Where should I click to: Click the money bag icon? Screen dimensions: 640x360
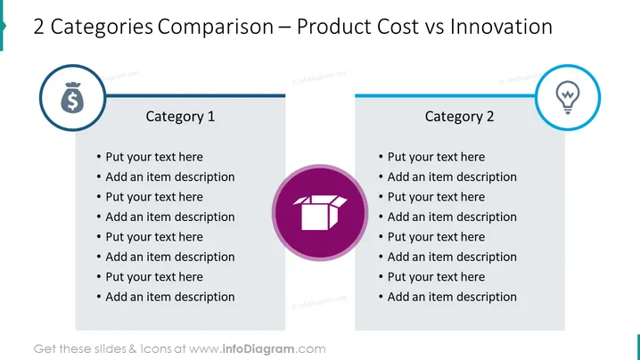tap(72, 97)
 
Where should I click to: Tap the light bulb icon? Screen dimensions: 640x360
tap(567, 97)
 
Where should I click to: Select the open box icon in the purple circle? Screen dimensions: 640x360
tap(320, 212)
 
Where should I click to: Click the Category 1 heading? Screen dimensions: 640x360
tap(180, 117)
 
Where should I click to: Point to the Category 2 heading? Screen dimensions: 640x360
tap(459, 117)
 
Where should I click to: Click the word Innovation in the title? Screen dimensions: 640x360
tap(501, 27)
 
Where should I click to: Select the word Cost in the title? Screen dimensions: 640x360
tap(398, 27)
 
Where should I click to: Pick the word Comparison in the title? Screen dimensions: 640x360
tap(216, 28)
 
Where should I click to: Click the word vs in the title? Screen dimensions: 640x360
tap(434, 28)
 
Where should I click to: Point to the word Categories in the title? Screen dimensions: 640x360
tap(102, 28)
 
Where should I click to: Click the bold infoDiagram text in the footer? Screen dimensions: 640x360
tap(258, 349)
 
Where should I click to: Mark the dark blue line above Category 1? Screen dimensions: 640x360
tap(195, 96)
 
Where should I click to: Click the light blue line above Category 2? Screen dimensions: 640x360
tap(446, 96)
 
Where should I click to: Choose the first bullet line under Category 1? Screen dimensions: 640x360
tap(150, 157)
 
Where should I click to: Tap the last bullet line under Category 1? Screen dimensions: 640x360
tap(166, 297)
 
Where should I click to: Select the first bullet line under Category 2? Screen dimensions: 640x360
tap(431, 157)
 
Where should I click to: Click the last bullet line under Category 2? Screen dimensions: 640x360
tap(447, 297)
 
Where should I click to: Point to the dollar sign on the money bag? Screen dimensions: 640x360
tap(72, 102)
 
